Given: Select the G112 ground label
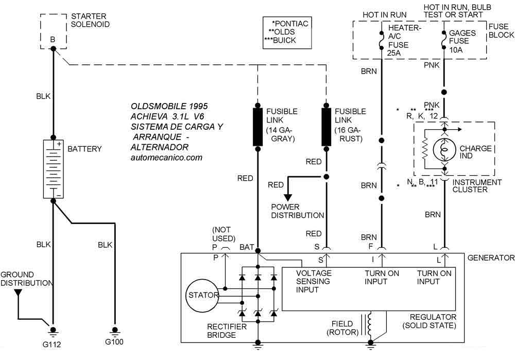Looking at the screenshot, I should [52, 341].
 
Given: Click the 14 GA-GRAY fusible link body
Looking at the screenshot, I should [257, 127].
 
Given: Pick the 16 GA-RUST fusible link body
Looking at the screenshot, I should [326, 127].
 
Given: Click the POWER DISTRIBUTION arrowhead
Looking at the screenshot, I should [288, 197].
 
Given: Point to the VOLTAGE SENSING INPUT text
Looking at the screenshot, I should [314, 281].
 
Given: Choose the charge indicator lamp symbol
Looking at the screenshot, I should [444, 149].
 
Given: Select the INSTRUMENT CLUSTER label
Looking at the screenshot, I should [477, 186].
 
